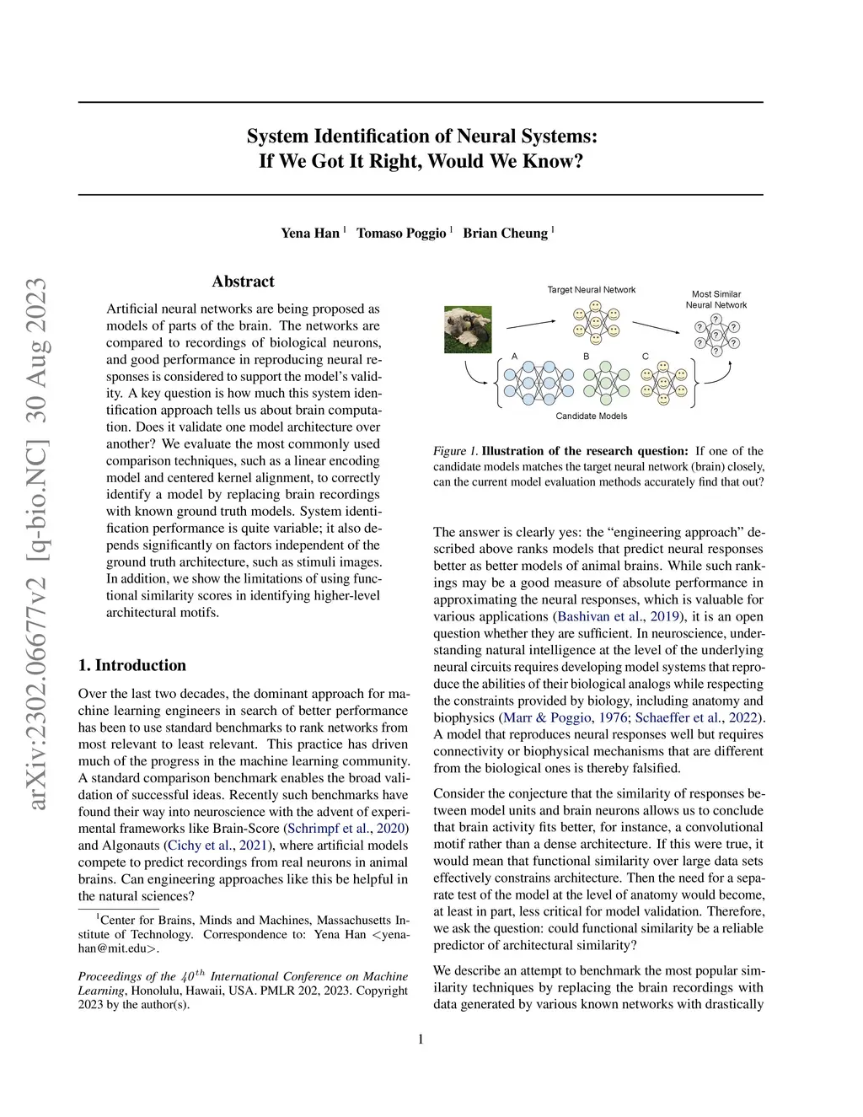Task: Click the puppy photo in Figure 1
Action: coord(468,329)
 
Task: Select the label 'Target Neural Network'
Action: coord(592,290)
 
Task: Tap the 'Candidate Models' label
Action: coord(592,416)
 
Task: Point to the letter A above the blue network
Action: coord(515,357)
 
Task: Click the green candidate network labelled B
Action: coord(606,383)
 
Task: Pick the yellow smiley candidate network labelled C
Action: coord(664,383)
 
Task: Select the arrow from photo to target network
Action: coord(530,324)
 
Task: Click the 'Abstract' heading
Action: coord(243,282)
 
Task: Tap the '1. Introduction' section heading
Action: coord(132,665)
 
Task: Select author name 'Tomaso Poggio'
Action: coord(401,233)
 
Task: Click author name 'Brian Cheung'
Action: coord(505,233)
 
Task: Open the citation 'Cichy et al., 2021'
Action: coord(217,846)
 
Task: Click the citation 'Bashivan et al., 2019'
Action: coord(618,616)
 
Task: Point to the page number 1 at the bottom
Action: coord(421,1039)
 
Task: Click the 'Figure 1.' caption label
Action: coord(455,451)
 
